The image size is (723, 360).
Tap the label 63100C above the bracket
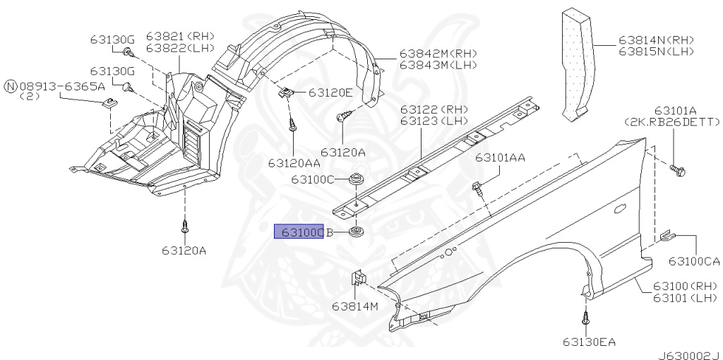[312, 179]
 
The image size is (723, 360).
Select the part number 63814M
[355, 306]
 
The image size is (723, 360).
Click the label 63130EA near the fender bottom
[589, 342]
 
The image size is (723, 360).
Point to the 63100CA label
[695, 261]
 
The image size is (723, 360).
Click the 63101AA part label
[501, 157]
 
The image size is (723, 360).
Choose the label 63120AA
[294, 163]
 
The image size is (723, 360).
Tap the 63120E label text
[330, 92]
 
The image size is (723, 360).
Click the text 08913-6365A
[62, 86]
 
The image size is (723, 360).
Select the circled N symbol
[11, 86]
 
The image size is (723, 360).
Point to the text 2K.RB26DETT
[672, 122]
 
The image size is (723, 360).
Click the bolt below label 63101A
[677, 171]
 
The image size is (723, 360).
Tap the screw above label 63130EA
[585, 318]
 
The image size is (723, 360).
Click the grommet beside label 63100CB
[355, 232]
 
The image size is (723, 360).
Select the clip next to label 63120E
[285, 93]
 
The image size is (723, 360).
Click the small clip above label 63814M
[359, 277]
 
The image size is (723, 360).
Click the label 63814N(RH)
[656, 40]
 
